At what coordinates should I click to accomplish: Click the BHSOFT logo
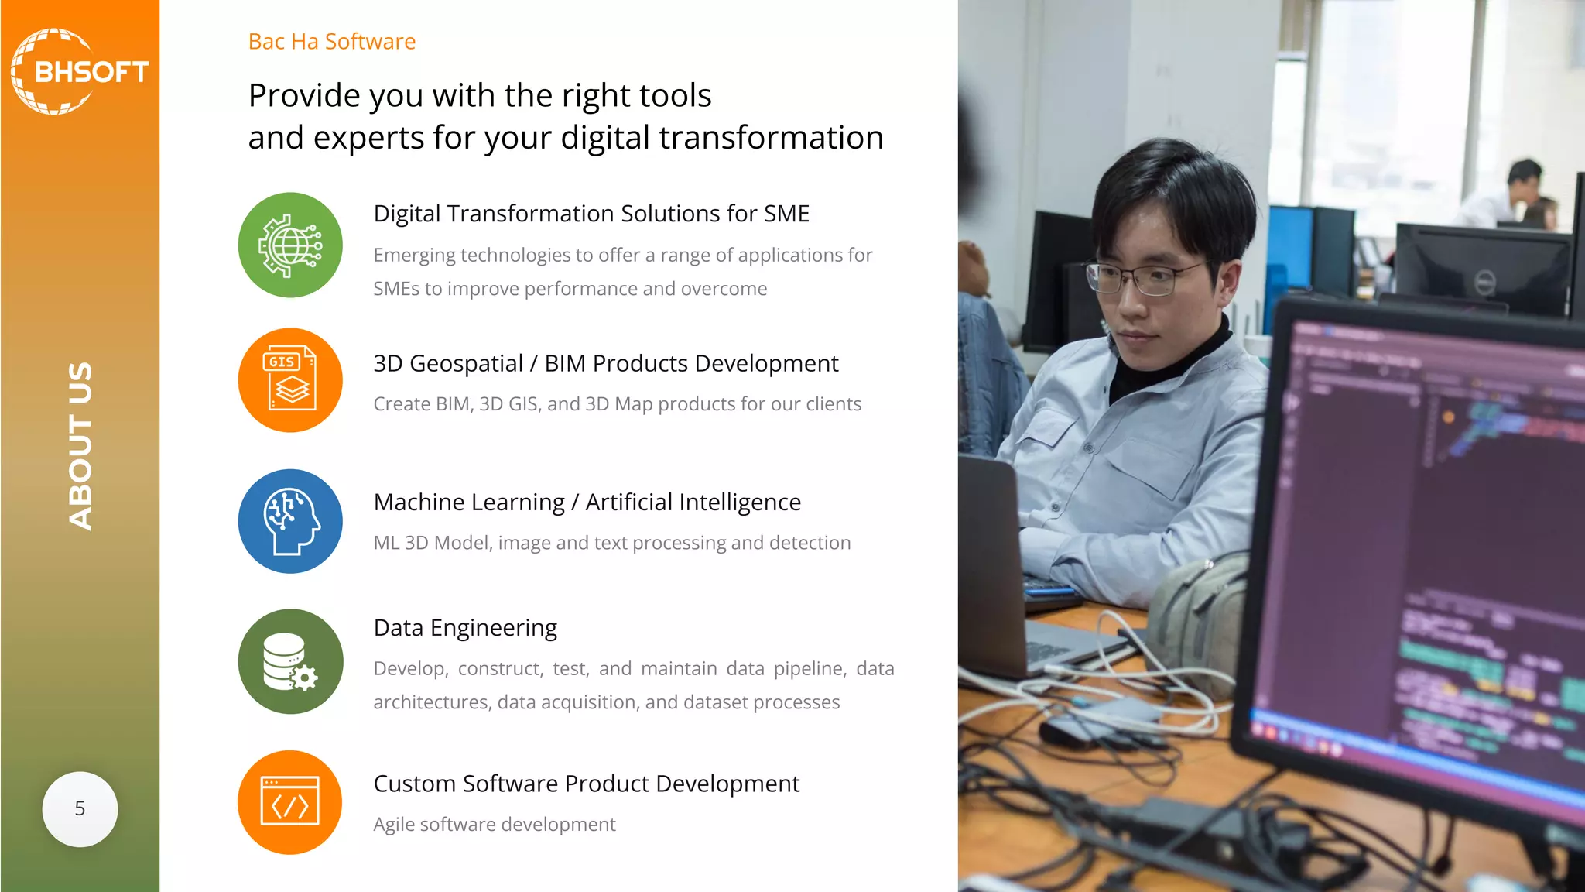coord(79,71)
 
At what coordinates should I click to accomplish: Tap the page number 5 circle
coord(80,809)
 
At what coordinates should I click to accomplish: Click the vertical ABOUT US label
coord(80,446)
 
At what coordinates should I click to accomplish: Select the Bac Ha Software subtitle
coord(331,41)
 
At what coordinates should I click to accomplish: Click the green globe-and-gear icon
coord(290,245)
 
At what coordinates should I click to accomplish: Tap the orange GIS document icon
coord(290,380)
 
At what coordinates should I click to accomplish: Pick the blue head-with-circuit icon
coord(290,521)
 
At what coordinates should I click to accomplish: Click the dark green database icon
coord(290,661)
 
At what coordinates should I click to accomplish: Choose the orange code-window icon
coord(290,802)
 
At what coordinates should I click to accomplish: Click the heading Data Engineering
coord(465,627)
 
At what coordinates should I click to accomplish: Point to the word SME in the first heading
coord(786,213)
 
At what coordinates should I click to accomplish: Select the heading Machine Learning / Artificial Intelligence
coord(587,502)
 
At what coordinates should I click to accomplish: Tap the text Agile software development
coord(494,824)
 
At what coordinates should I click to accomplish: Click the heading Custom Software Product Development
coord(586,784)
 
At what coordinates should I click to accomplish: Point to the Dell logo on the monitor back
coord(1483,284)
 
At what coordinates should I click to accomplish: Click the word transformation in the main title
coord(771,138)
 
